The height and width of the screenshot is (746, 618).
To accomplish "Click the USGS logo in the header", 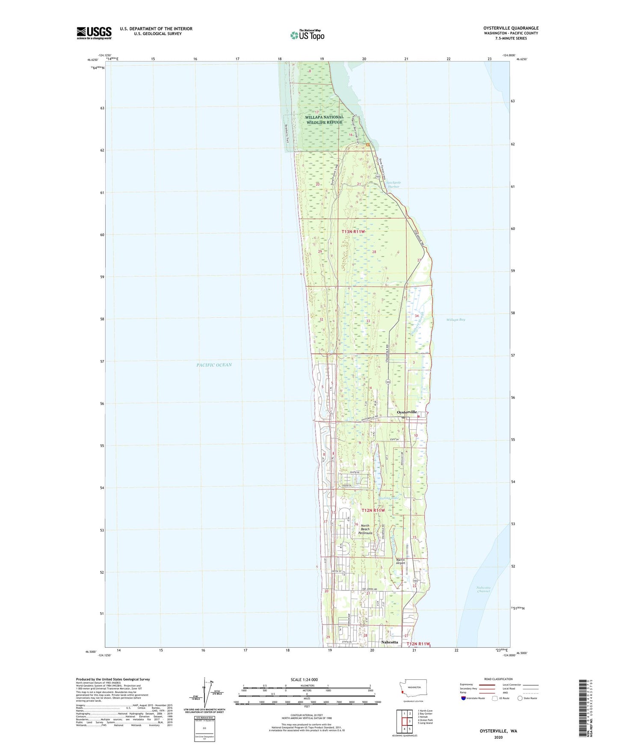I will tap(94, 33).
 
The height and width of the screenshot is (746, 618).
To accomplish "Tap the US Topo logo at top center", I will tap(307, 35).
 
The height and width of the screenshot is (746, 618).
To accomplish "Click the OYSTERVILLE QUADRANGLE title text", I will tap(508, 28).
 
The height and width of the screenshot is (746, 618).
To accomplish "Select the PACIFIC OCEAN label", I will tap(214, 365).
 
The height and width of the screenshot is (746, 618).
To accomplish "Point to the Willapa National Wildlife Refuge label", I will tap(324, 120).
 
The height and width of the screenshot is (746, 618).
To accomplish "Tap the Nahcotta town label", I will tap(390, 642).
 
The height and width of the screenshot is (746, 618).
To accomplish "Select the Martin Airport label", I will tap(400, 561).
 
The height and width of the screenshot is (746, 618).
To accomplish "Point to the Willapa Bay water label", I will tap(455, 320).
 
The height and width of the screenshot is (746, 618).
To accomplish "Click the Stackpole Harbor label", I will tap(393, 185).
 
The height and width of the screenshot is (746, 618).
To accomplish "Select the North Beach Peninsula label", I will tap(366, 529).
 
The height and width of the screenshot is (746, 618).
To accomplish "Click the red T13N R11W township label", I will tap(354, 232).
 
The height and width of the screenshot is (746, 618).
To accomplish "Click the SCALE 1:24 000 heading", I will tap(304, 680).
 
